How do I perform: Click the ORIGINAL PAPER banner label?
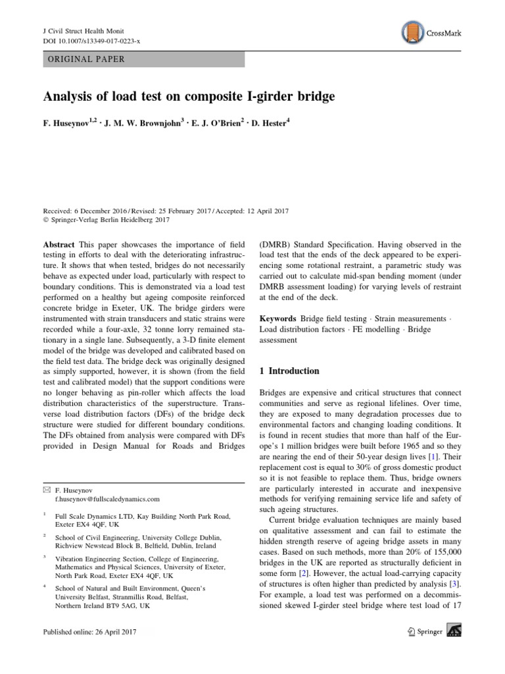pos(84,59)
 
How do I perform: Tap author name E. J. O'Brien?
pos(214,124)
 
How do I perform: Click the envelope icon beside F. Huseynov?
pos(45,490)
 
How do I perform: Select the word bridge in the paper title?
pos(312,96)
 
